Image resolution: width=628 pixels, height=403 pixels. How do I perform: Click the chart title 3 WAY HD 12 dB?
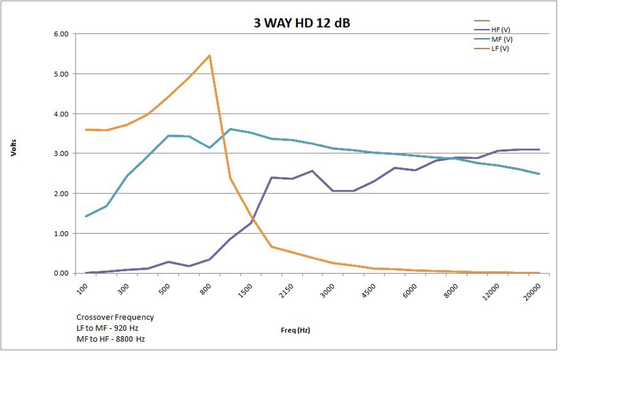(x=302, y=23)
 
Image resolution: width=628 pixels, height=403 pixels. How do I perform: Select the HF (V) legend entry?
(x=500, y=29)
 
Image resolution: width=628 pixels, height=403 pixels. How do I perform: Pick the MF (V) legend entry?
(x=501, y=39)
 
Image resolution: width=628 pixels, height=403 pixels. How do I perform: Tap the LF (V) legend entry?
(x=500, y=48)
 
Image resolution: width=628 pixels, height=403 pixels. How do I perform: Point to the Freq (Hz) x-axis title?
(x=296, y=330)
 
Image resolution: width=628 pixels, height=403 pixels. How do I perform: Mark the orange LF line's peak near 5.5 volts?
(x=210, y=56)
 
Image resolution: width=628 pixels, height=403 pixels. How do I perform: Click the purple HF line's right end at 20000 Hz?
(x=539, y=150)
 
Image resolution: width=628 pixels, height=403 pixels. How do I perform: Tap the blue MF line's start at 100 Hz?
(x=86, y=217)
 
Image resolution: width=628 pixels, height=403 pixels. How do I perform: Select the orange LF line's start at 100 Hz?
(x=86, y=129)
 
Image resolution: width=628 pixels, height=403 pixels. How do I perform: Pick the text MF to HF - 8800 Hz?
(x=110, y=339)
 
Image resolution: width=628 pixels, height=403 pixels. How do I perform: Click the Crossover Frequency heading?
(x=115, y=317)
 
